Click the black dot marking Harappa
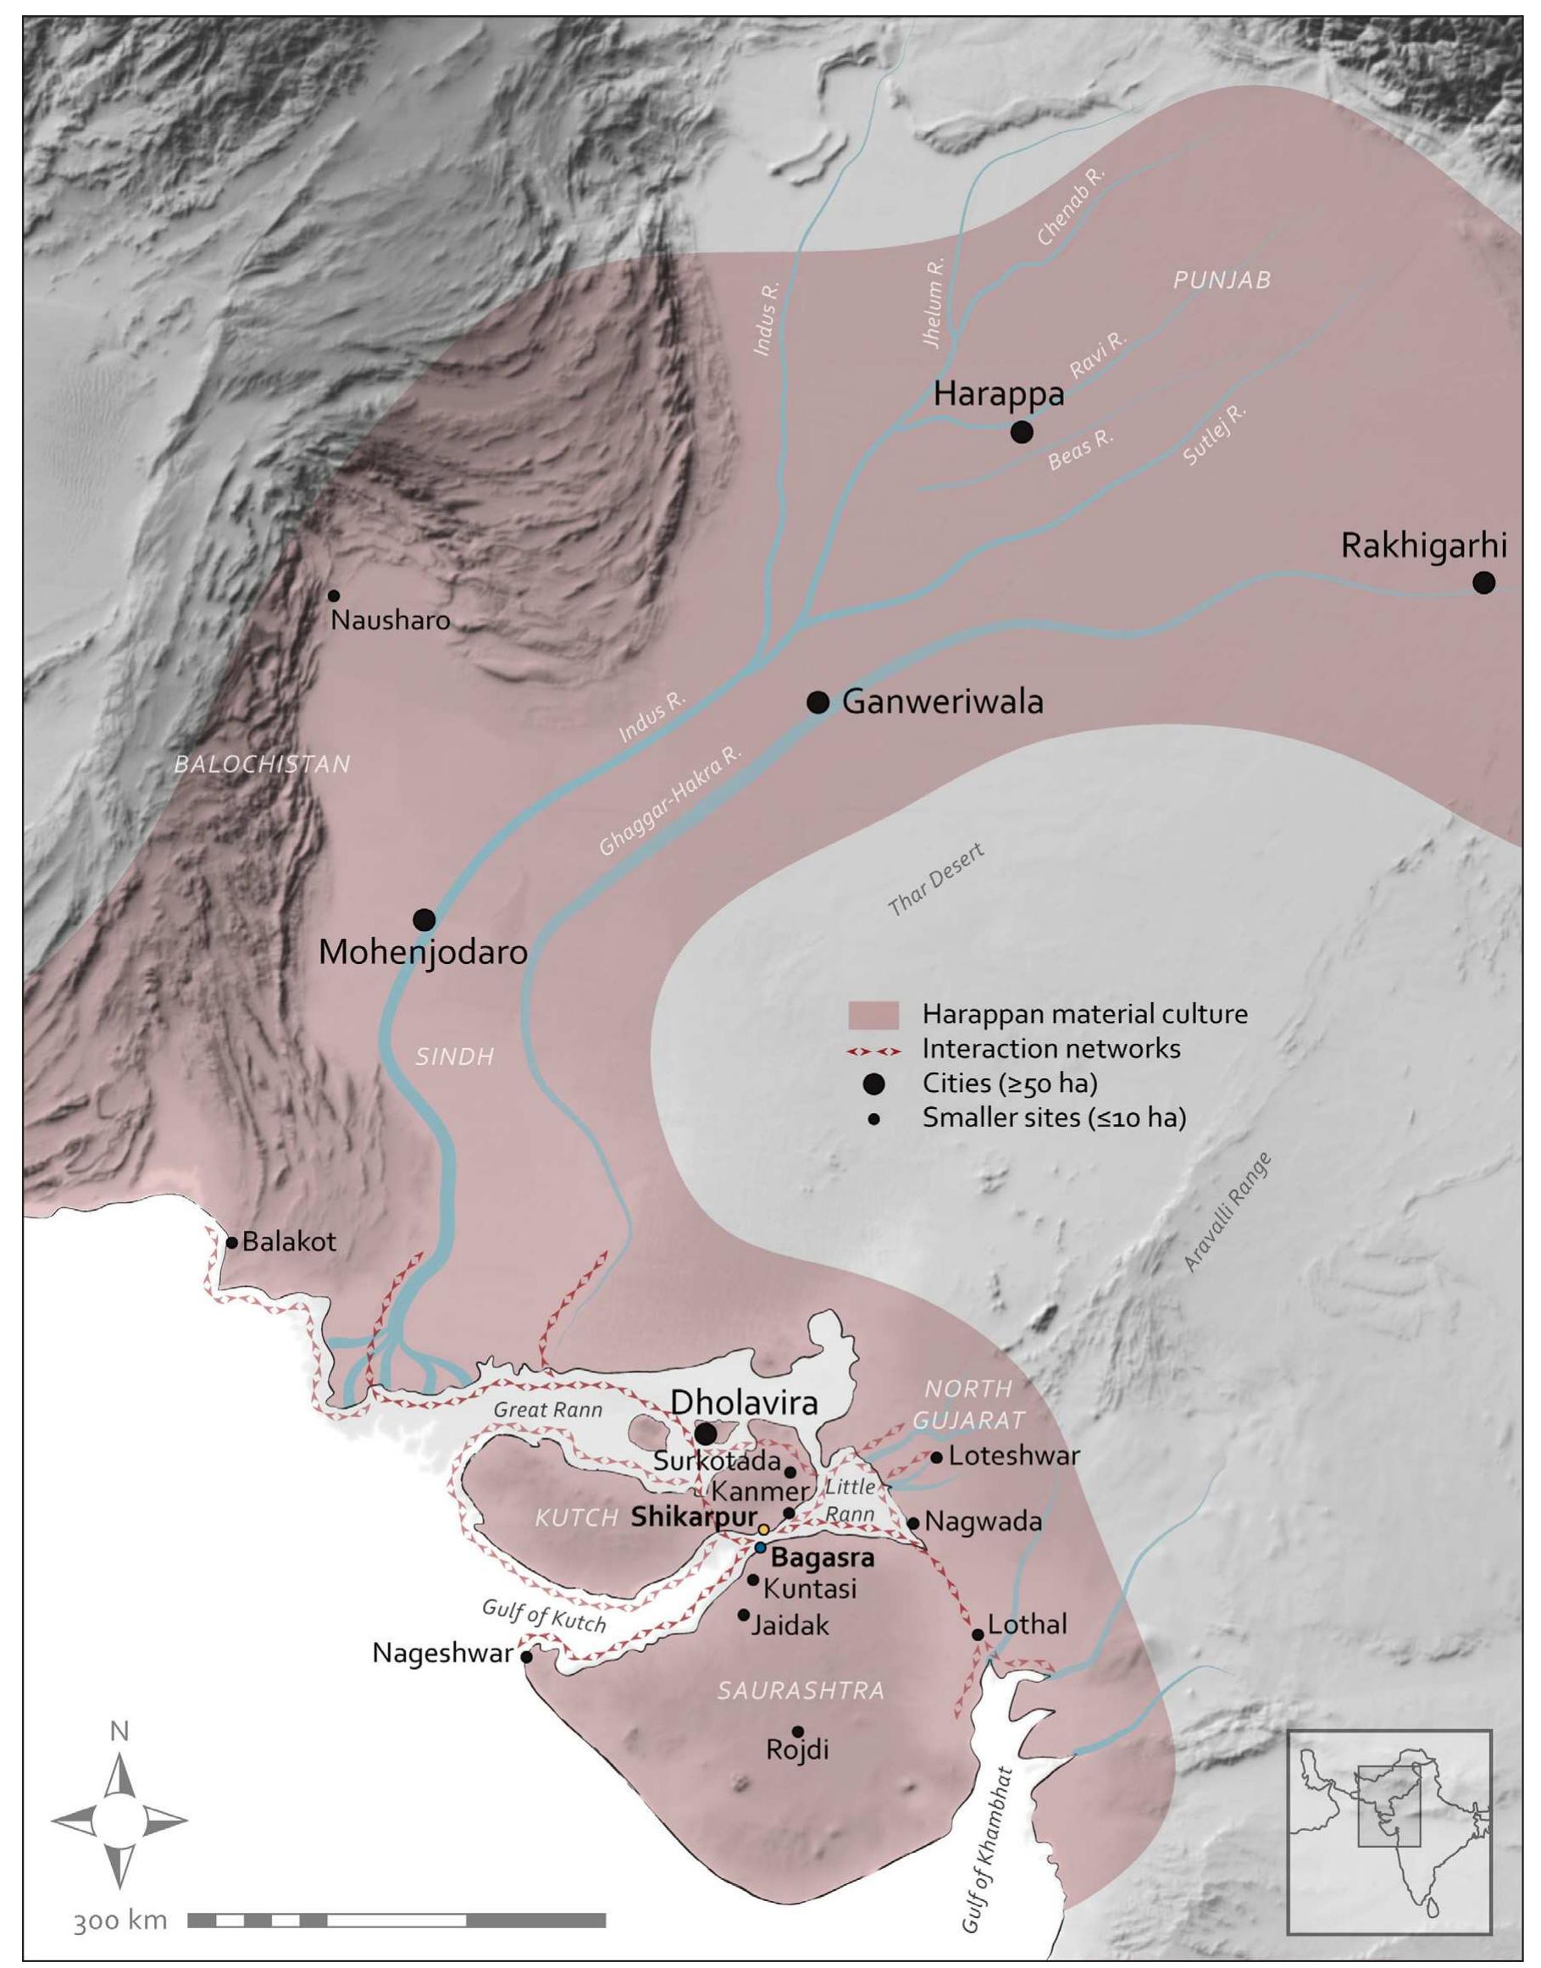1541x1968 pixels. pyautogui.click(x=1021, y=432)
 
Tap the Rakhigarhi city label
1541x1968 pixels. pyautogui.click(x=1424, y=546)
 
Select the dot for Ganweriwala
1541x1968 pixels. pyautogui.click(x=818, y=702)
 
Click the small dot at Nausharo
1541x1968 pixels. pyautogui.click(x=334, y=596)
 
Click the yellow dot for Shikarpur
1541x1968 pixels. pyautogui.click(x=763, y=1529)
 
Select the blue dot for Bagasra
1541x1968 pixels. pyautogui.click(x=761, y=1548)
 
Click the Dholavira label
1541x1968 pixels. pyautogui.click(x=744, y=1402)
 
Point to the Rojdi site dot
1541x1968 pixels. pyautogui.click(x=797, y=1732)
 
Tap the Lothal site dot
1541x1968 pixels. pyautogui.click(x=977, y=1635)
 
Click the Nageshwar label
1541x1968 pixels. pyautogui.click(x=442, y=1654)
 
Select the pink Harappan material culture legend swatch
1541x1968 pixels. pyautogui.click(x=873, y=1014)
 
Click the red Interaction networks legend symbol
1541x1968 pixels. pyautogui.click(x=873, y=1051)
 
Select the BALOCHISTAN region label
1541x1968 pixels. pyautogui.click(x=262, y=764)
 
